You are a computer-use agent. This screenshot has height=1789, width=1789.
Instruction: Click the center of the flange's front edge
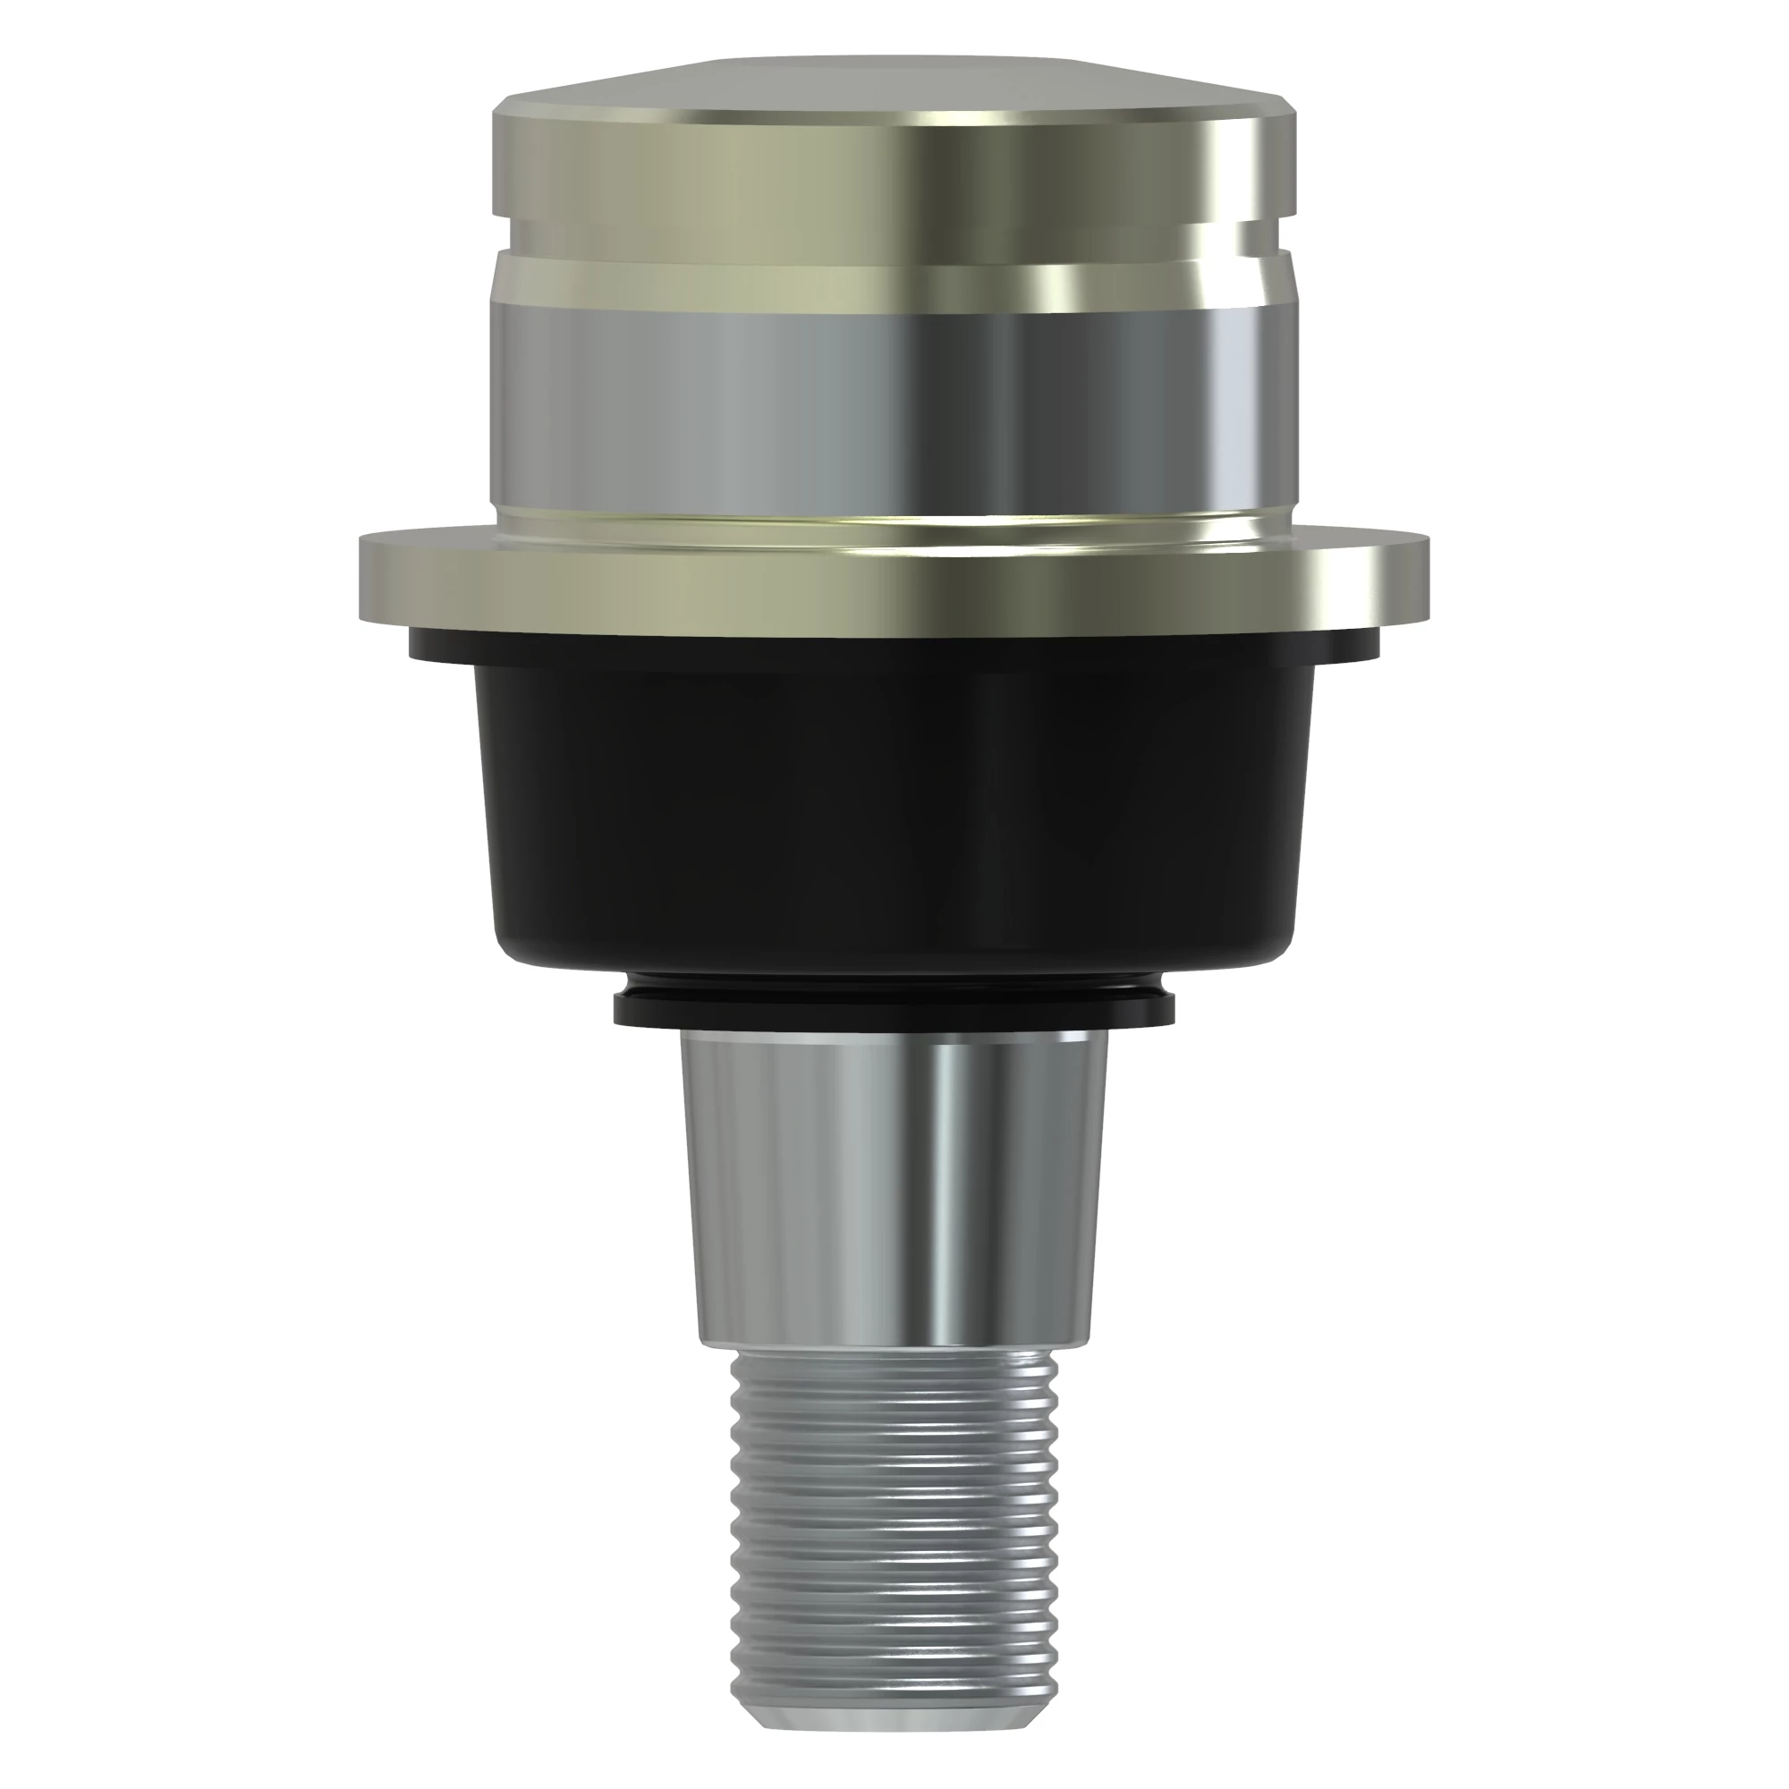(894, 593)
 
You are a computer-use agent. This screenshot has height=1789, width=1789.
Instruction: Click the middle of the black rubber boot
(894, 806)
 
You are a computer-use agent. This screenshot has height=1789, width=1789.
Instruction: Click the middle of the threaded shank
(894, 1528)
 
